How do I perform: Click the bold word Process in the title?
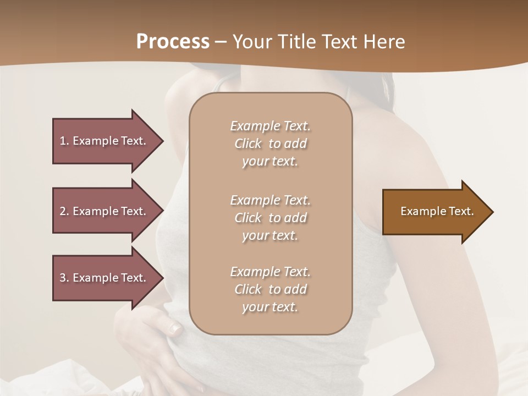tap(173, 42)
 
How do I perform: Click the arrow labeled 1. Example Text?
tap(105, 141)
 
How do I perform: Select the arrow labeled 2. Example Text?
tap(105, 211)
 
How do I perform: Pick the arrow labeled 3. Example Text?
tap(105, 278)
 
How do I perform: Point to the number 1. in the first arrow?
tap(64, 141)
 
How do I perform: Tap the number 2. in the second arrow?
tap(64, 211)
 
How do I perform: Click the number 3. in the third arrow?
tap(64, 278)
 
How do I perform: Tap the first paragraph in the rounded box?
tap(270, 144)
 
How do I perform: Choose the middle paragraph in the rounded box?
tap(270, 217)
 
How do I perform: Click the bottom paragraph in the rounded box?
tap(270, 289)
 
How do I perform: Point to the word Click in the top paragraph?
tap(248, 144)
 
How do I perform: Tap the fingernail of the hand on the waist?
tap(175, 329)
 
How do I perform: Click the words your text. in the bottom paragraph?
tap(270, 307)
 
